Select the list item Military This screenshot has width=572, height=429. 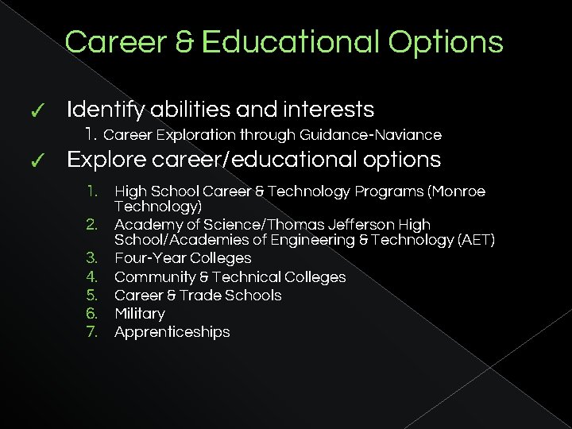[140, 314]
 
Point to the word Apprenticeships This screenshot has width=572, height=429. [172, 332]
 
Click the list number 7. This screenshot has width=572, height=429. [91, 332]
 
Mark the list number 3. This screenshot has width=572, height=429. [91, 258]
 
